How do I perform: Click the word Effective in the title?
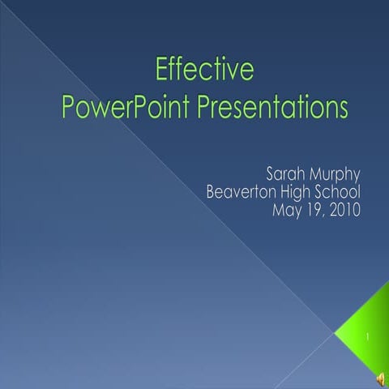[204, 71]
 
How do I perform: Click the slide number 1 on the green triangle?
[367, 335]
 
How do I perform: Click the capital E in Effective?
[160, 71]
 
